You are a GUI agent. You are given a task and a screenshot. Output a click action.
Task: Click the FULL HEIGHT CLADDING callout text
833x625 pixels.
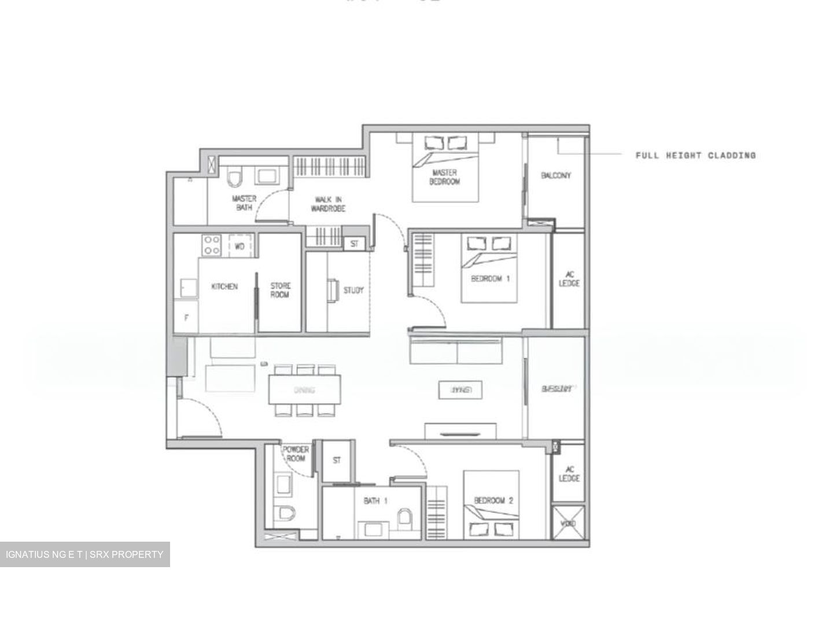pyautogui.click(x=695, y=155)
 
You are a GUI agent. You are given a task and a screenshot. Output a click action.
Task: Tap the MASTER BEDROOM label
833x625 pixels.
pyautogui.click(x=444, y=177)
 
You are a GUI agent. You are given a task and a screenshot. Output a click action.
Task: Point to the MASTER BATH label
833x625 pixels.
pyautogui.click(x=244, y=203)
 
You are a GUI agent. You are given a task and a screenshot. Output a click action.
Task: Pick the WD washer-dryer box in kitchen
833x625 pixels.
pyautogui.click(x=240, y=245)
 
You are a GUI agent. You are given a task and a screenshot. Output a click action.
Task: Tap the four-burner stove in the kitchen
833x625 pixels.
pyautogui.click(x=211, y=245)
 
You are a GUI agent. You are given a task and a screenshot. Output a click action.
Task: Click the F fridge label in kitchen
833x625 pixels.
pyautogui.click(x=186, y=318)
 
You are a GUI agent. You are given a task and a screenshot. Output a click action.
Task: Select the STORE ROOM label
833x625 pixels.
pyautogui.click(x=281, y=290)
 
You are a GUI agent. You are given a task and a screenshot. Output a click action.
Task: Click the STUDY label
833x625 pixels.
pyautogui.click(x=353, y=290)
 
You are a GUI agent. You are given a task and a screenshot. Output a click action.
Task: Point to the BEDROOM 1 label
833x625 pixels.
pyautogui.click(x=490, y=278)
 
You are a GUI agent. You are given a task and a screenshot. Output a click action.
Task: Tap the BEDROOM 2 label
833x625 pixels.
pyautogui.click(x=493, y=501)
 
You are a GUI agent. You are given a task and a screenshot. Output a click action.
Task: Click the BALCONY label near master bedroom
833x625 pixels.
pyautogui.click(x=556, y=175)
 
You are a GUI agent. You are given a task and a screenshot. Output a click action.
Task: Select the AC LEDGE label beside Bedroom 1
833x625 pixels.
pyautogui.click(x=569, y=279)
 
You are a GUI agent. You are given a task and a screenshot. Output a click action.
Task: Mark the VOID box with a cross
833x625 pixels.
pyautogui.click(x=568, y=523)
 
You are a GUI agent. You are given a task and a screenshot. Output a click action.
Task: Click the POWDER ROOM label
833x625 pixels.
pyautogui.click(x=296, y=454)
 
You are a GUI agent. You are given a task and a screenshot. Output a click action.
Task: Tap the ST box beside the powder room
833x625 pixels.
pyautogui.click(x=337, y=461)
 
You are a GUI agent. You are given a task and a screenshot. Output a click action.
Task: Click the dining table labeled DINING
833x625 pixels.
pyautogui.click(x=304, y=389)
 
